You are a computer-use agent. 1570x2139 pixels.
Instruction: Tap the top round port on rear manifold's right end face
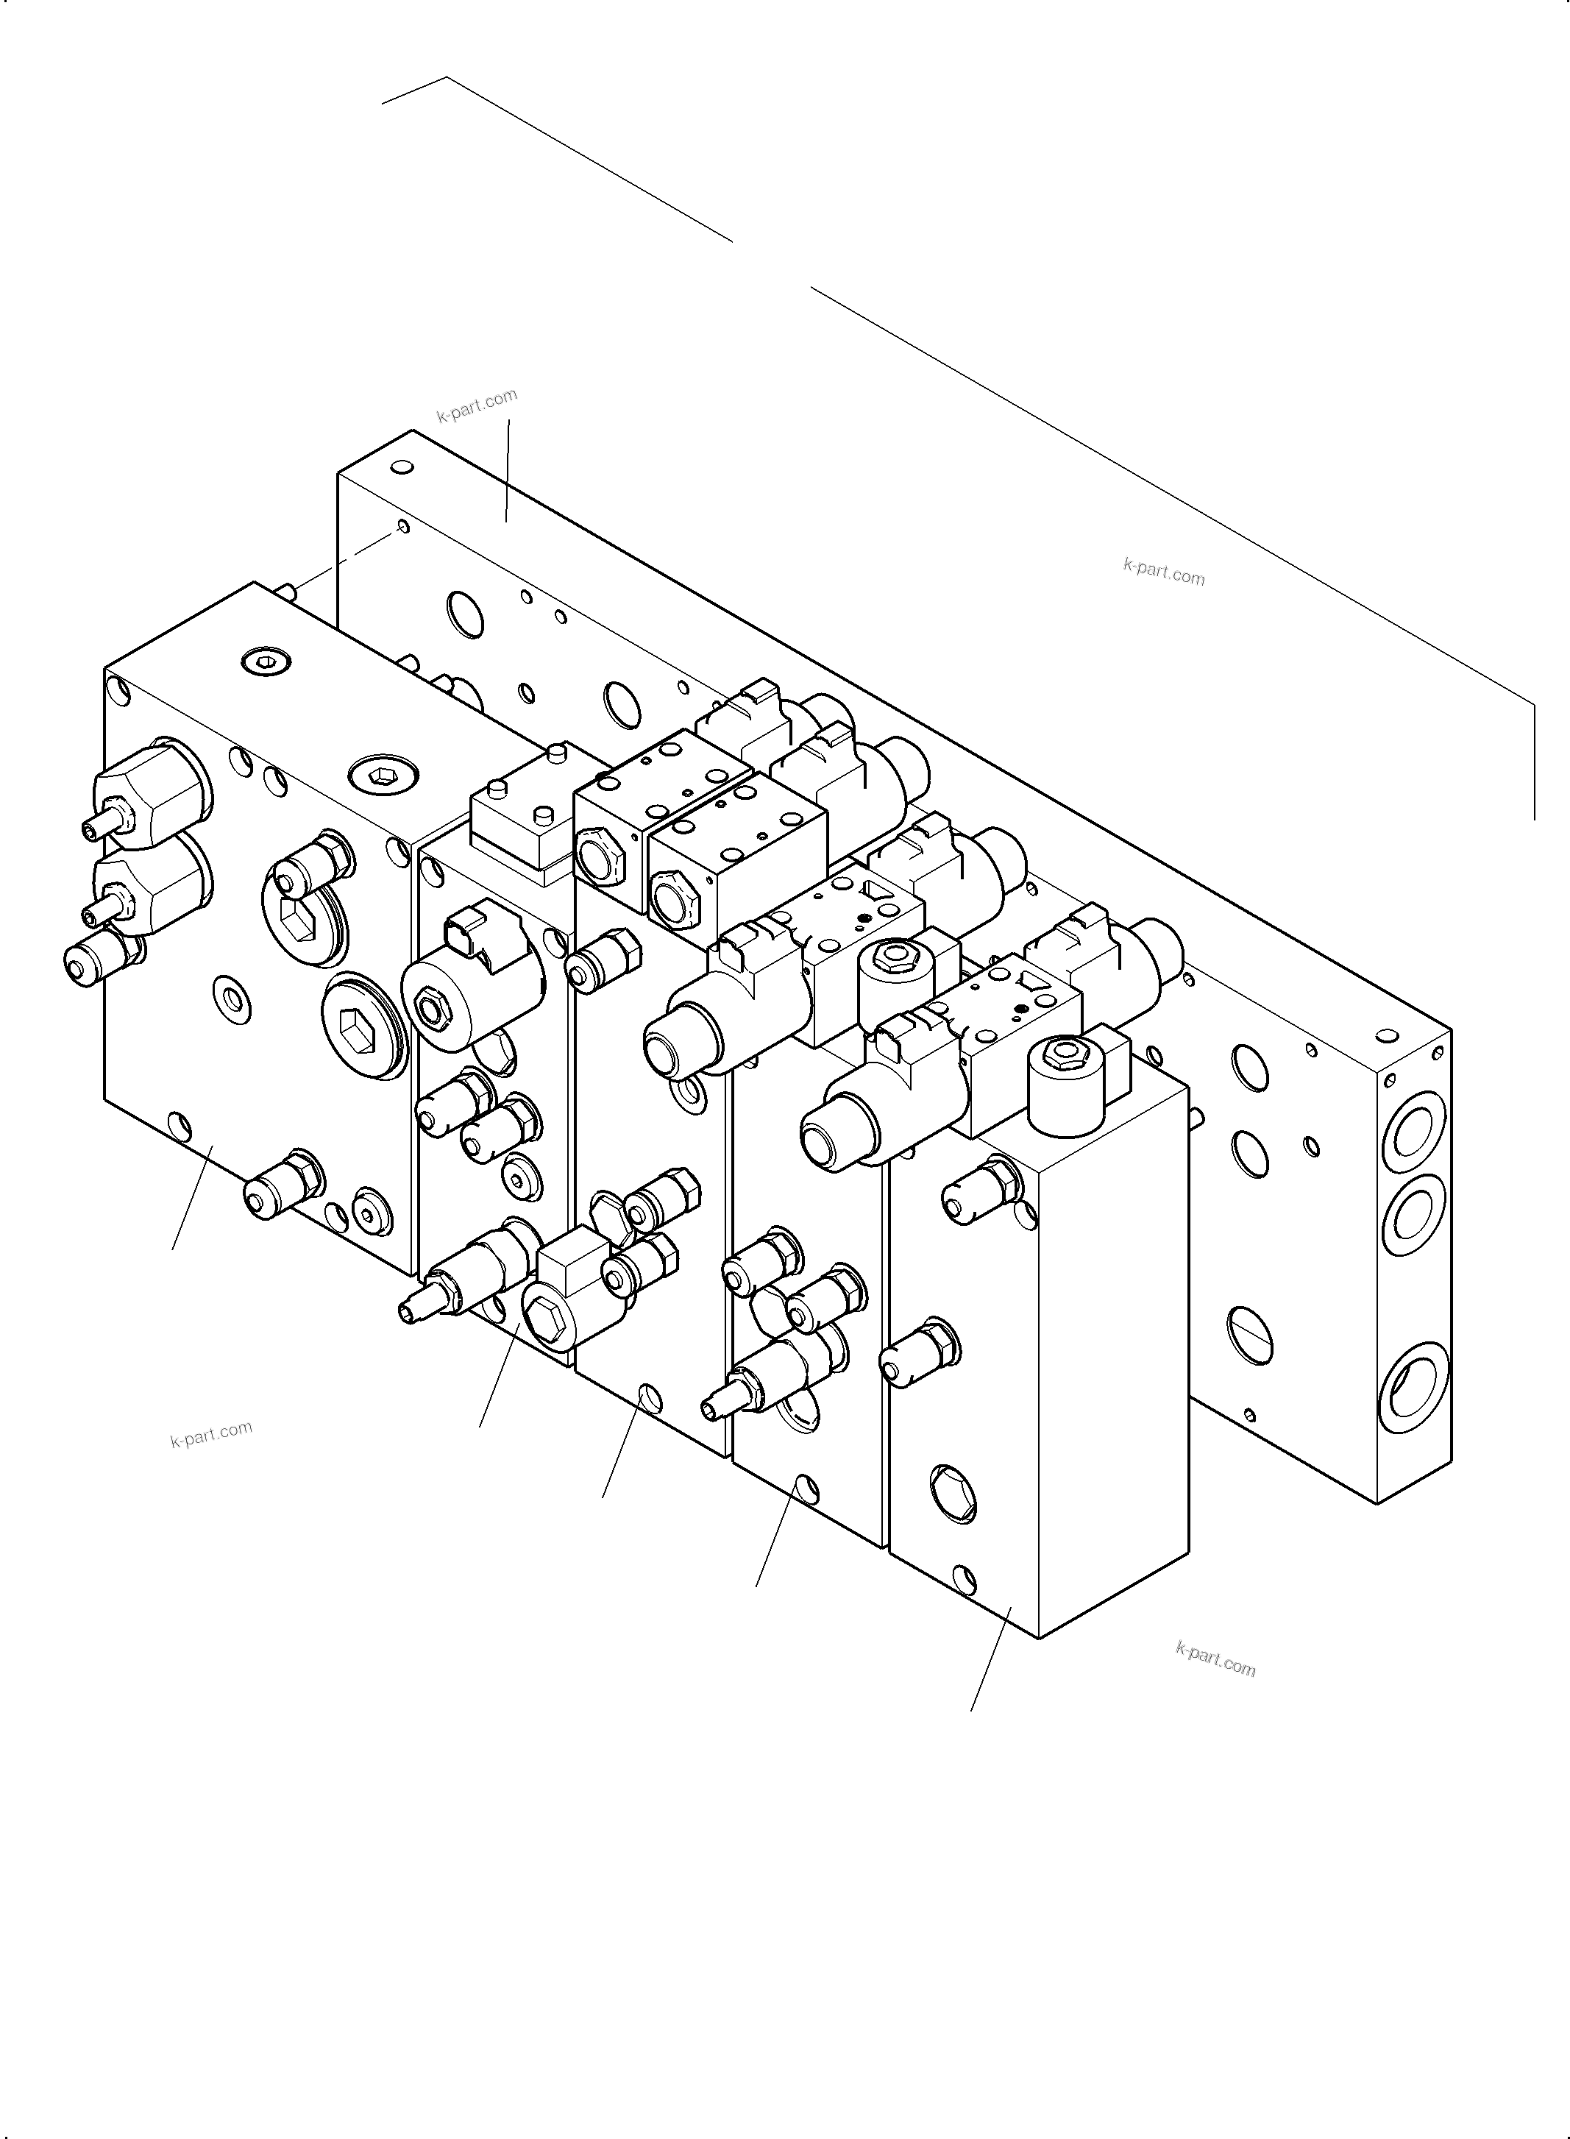pos(1414,1135)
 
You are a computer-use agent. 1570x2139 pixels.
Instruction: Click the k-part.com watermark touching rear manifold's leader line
pos(476,405)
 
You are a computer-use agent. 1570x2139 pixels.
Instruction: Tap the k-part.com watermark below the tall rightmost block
pos(1215,1659)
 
